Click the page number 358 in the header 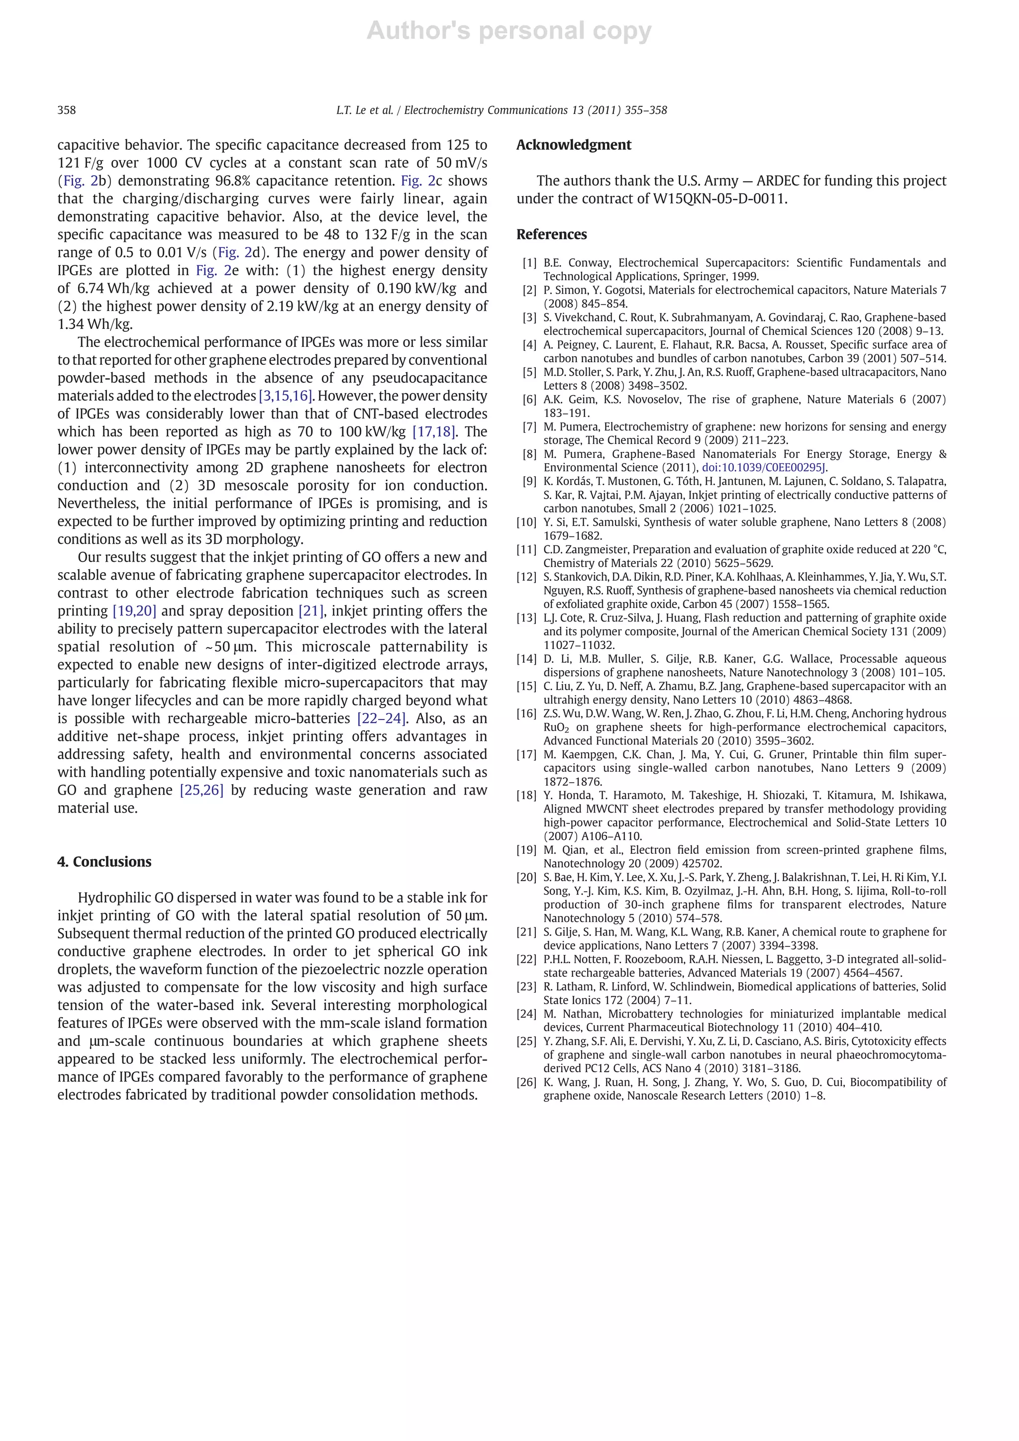click(x=67, y=110)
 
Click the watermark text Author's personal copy click(x=509, y=31)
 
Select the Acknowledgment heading click(x=574, y=145)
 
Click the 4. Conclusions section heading click(x=104, y=862)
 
